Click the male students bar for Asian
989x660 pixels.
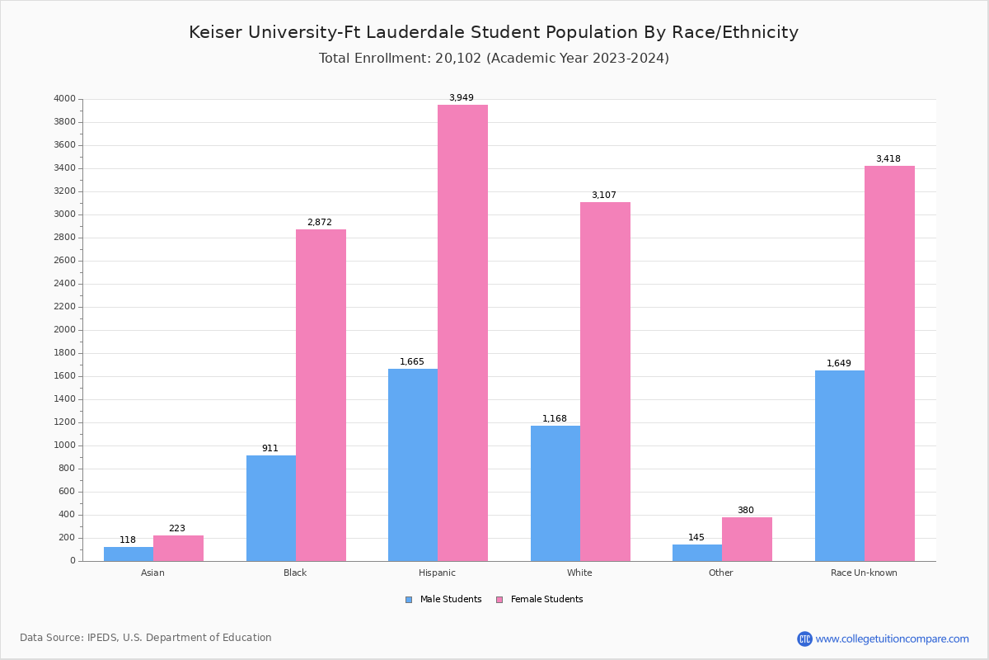[x=129, y=554]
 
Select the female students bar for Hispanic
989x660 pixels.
[x=462, y=332]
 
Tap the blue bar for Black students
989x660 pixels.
[x=271, y=508]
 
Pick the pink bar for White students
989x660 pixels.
[x=605, y=381]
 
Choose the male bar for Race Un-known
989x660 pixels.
[x=840, y=465]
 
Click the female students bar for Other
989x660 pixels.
[x=747, y=539]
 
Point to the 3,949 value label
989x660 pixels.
[x=462, y=97]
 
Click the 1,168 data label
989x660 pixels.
[x=555, y=418]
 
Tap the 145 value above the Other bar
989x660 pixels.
[x=696, y=537]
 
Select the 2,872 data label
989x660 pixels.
[x=320, y=222]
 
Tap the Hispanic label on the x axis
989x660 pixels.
[x=437, y=573]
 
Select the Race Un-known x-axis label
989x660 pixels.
[x=864, y=573]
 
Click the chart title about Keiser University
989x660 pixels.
[x=494, y=32]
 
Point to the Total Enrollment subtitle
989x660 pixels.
[x=494, y=58]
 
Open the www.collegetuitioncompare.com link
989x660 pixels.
[x=892, y=639]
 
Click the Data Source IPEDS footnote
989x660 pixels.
[x=146, y=638]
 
